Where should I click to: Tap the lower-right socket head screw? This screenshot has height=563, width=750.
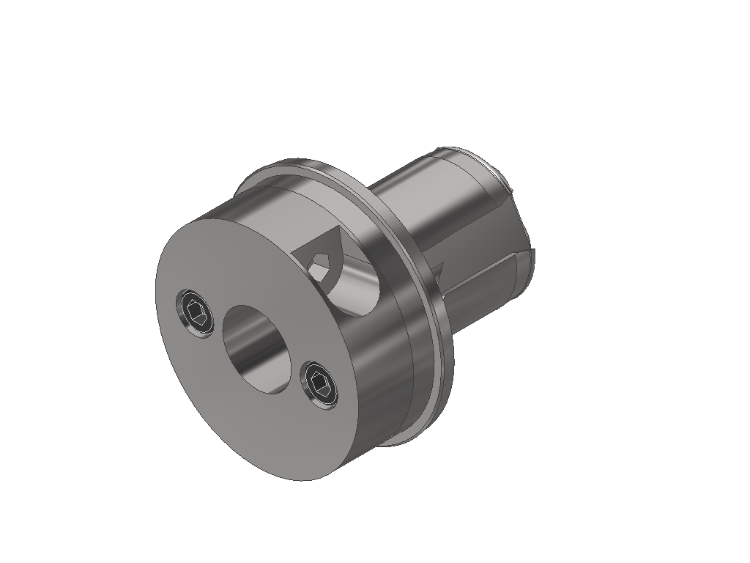click(320, 383)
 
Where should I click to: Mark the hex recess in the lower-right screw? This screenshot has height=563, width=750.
click(321, 383)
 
